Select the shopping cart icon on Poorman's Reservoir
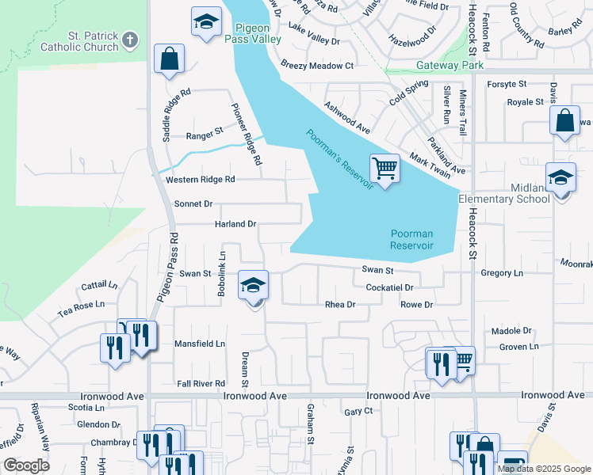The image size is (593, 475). click(x=384, y=167)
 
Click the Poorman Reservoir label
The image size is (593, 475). click(x=411, y=239)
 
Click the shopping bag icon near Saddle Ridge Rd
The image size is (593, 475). click(x=169, y=59)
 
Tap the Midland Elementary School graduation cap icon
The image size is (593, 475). click(x=560, y=177)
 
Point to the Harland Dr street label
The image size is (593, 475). click(x=235, y=224)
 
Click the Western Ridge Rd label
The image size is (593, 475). click(x=201, y=180)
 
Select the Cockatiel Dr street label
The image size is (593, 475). click(x=389, y=287)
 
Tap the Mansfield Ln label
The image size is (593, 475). click(x=200, y=344)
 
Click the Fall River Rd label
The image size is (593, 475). click(x=201, y=383)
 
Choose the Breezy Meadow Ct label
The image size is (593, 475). click(x=316, y=65)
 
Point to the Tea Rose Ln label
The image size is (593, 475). click(x=81, y=304)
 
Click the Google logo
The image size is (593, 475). click(x=26, y=465)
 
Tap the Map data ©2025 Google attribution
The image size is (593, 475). click(x=543, y=469)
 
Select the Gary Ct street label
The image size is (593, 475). click(x=358, y=412)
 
